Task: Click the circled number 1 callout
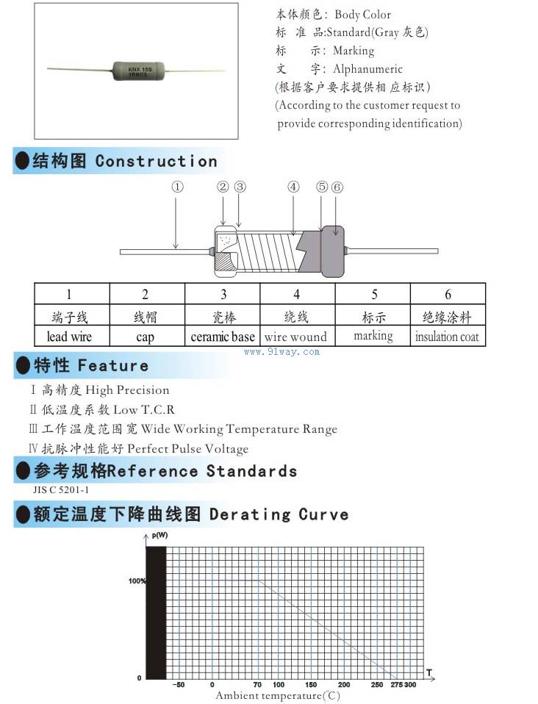[177, 187]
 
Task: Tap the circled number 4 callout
[294, 187]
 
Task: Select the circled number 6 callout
[337, 187]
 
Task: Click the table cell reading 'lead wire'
[69, 337]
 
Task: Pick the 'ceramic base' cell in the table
[223, 337]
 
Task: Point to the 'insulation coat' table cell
[447, 337]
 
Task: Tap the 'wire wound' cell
[295, 337]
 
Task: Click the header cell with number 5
[374, 295]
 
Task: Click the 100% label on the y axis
[137, 581]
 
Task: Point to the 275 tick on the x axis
[397, 685]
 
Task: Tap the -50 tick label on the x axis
[179, 685]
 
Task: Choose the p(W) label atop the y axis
[159, 535]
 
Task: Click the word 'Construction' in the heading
[157, 162]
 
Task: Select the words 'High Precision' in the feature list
[127, 390]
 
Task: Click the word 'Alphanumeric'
[368, 69]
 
